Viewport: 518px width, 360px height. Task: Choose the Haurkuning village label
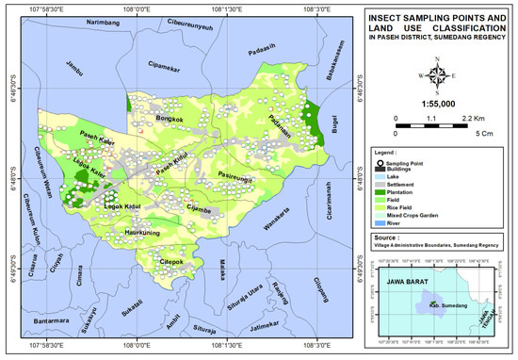tap(144, 230)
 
